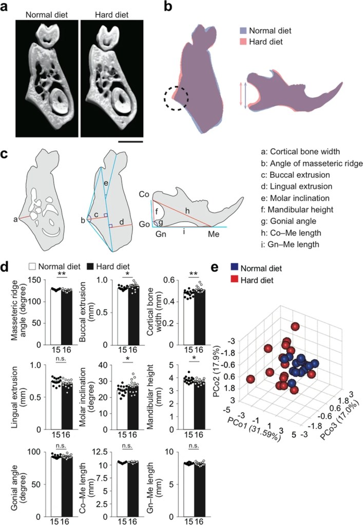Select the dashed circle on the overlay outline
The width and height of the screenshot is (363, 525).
176,98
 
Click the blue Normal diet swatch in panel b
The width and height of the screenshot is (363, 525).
244,30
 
